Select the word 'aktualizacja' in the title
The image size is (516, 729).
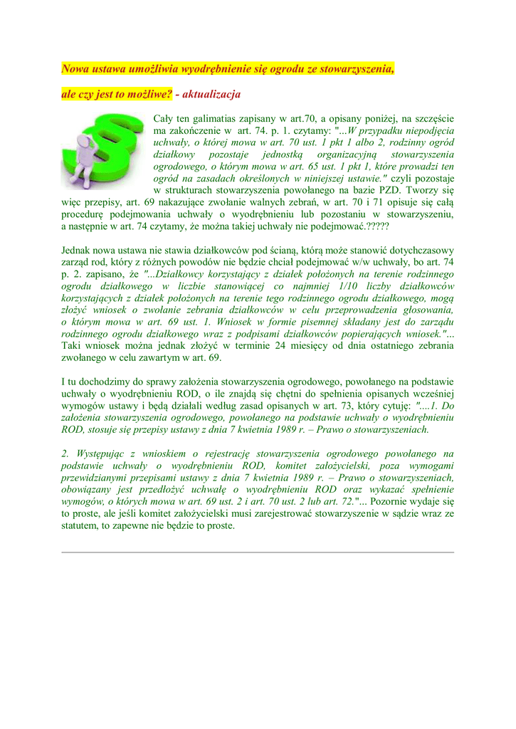click(x=213, y=94)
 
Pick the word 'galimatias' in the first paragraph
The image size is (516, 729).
click(x=221, y=118)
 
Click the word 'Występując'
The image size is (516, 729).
click(x=100, y=453)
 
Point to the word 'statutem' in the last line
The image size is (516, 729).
click(x=81, y=526)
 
